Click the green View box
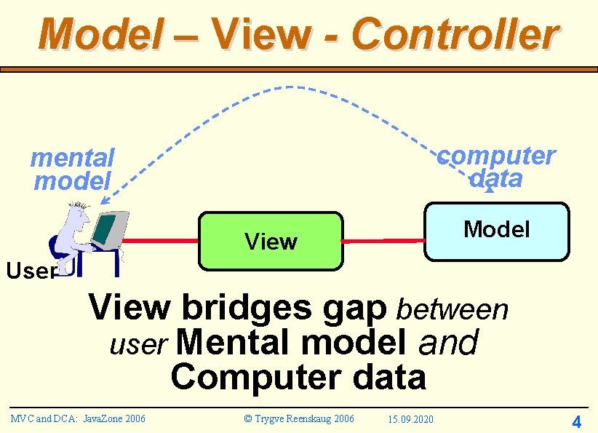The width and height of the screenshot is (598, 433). coord(271,241)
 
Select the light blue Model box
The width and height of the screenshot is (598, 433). coord(497,231)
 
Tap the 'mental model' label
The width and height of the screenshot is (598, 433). coord(73,169)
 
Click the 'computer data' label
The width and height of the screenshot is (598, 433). coord(497,167)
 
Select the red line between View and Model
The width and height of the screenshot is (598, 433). coord(383,240)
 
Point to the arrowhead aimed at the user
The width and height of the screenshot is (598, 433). coord(104,201)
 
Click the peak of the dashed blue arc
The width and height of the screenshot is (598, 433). coord(295,87)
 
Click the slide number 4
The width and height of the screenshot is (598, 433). coord(576,421)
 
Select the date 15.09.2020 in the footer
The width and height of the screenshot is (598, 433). coord(410,419)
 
